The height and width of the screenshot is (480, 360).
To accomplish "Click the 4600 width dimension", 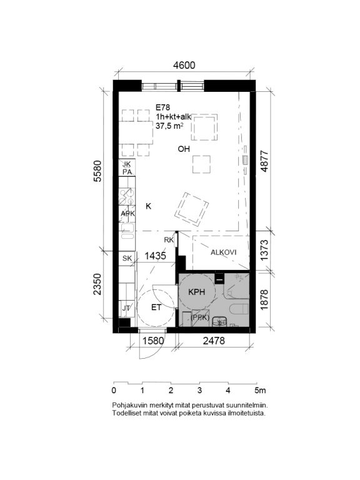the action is point(184,65).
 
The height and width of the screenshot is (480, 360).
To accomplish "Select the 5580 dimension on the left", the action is point(97,171).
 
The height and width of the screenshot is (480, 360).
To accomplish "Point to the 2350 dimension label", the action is point(97,284).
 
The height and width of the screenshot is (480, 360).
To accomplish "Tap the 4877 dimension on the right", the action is point(264,161).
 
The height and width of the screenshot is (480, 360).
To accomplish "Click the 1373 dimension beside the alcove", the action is point(264,250).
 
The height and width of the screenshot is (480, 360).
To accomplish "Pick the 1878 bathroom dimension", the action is point(264,300).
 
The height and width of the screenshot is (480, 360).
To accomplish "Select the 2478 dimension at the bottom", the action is point(214,341).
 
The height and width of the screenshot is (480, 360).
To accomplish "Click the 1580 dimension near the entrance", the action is point(153,341).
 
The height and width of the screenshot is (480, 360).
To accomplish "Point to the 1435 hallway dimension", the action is point(155,256).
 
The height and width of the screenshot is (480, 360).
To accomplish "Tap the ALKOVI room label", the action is point(224,252).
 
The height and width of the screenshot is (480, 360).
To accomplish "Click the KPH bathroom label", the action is point(196,292).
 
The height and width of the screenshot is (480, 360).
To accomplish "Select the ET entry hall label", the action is point(156,307).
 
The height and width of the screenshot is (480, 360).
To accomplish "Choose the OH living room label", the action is point(184,149).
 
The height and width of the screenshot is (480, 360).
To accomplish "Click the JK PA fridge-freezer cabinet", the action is point(127,167).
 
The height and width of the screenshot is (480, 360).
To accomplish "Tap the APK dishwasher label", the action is point(127,213).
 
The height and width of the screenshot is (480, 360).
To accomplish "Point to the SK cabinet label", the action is point(127,258).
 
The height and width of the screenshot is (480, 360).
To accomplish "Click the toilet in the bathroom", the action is point(239,309).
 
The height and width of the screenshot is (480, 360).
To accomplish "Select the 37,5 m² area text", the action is point(169,126).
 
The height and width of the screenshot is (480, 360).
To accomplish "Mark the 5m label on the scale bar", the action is point(261,390).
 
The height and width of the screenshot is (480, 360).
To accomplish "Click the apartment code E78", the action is point(162,107).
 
